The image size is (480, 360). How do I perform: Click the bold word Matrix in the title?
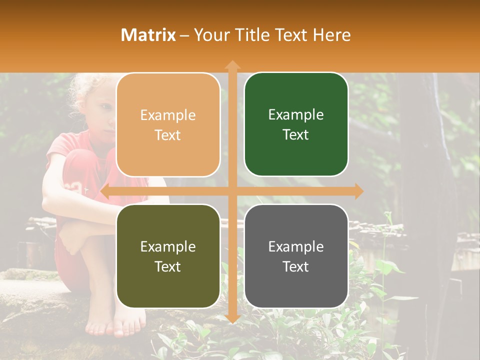[x=148, y=35]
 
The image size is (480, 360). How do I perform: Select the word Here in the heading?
[x=331, y=35]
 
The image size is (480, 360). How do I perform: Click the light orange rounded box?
[x=168, y=125]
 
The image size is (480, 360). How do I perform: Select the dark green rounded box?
[x=296, y=124]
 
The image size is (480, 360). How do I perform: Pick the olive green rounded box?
[x=168, y=256]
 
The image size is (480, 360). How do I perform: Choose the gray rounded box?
[x=296, y=256]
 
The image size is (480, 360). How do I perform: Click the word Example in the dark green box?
[x=296, y=115]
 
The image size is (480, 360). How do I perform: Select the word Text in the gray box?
[x=296, y=266]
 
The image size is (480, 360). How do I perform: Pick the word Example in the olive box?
[x=168, y=246]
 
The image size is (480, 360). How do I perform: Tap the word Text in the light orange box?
[x=168, y=135]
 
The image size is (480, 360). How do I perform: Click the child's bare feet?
[x=107, y=325]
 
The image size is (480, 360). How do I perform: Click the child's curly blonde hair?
[x=82, y=90]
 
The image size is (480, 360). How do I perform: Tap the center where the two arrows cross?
[x=232, y=191]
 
